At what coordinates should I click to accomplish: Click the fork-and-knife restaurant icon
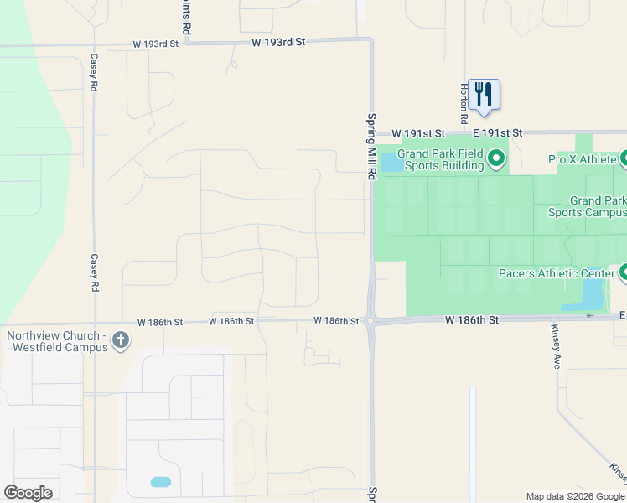[x=484, y=94]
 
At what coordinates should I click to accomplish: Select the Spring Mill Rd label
[x=369, y=147]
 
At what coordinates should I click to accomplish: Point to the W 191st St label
[x=418, y=133]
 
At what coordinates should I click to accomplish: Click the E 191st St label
[x=496, y=133]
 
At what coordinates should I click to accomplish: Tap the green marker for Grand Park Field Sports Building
[x=496, y=158]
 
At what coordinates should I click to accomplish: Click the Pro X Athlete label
[x=583, y=159]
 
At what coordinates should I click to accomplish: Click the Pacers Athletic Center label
[x=556, y=273]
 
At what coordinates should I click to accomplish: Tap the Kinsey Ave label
[x=555, y=347]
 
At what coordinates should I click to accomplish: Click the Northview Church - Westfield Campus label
[x=56, y=342]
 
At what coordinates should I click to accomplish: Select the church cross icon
[x=121, y=341]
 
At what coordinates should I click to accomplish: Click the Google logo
[x=28, y=493]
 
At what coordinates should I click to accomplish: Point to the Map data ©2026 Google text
[x=574, y=496]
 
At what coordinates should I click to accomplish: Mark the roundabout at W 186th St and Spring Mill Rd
[x=370, y=322]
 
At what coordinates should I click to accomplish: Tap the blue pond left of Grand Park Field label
[x=390, y=162]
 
